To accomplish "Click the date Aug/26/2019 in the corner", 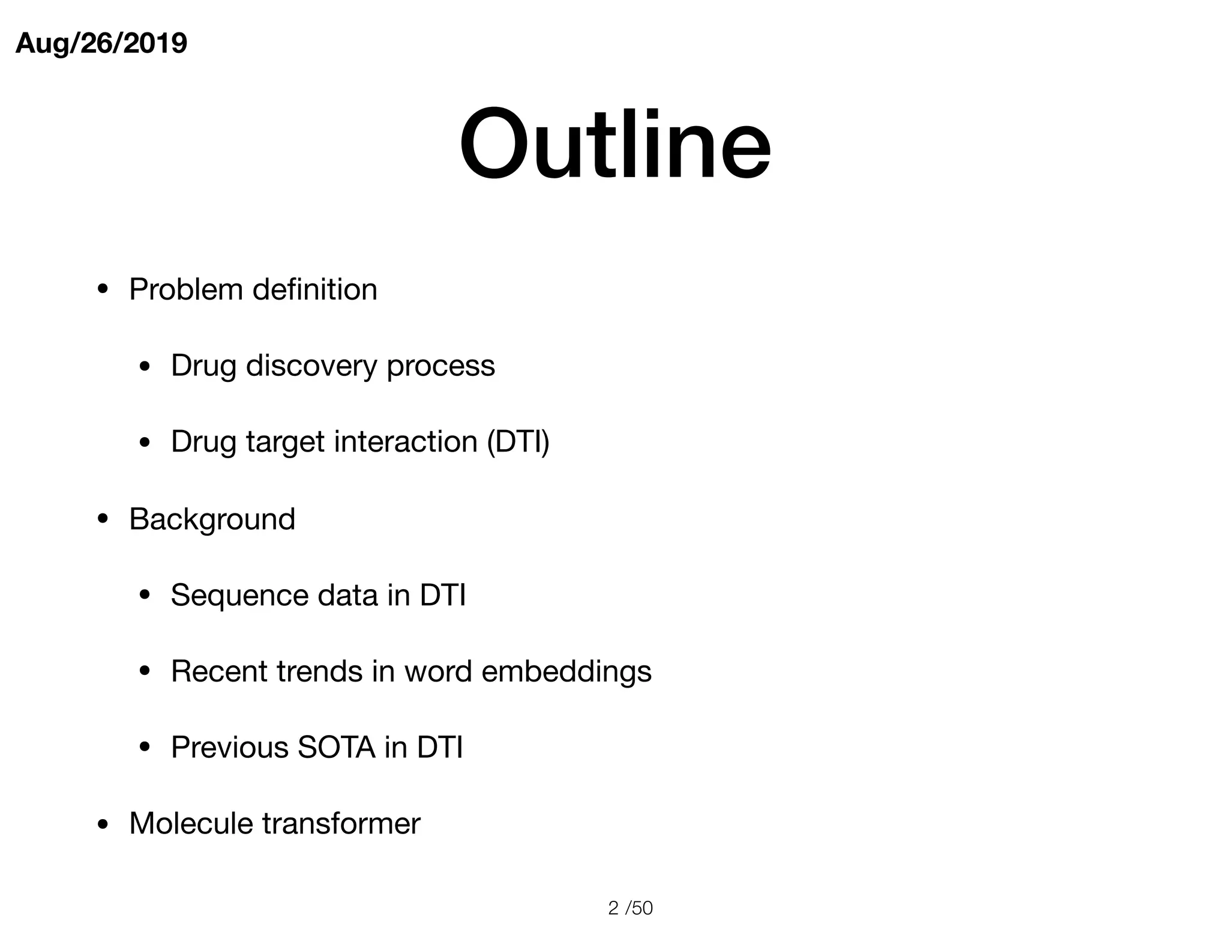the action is point(101,43).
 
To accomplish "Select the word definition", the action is point(314,289).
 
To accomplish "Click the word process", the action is point(440,366).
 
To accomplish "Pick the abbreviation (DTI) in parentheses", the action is point(518,442).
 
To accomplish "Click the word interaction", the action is point(406,442).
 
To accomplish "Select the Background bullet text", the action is point(212,519).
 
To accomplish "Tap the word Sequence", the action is point(239,595).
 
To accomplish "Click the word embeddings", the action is point(566,671).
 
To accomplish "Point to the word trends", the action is point(319,671).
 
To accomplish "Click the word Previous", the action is point(229,748).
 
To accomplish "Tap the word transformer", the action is point(341,823).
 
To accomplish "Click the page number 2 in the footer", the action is point(613,908).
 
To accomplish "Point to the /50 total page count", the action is point(639,908).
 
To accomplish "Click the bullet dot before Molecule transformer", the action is point(103,824).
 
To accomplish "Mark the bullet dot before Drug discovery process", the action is point(144,367).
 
